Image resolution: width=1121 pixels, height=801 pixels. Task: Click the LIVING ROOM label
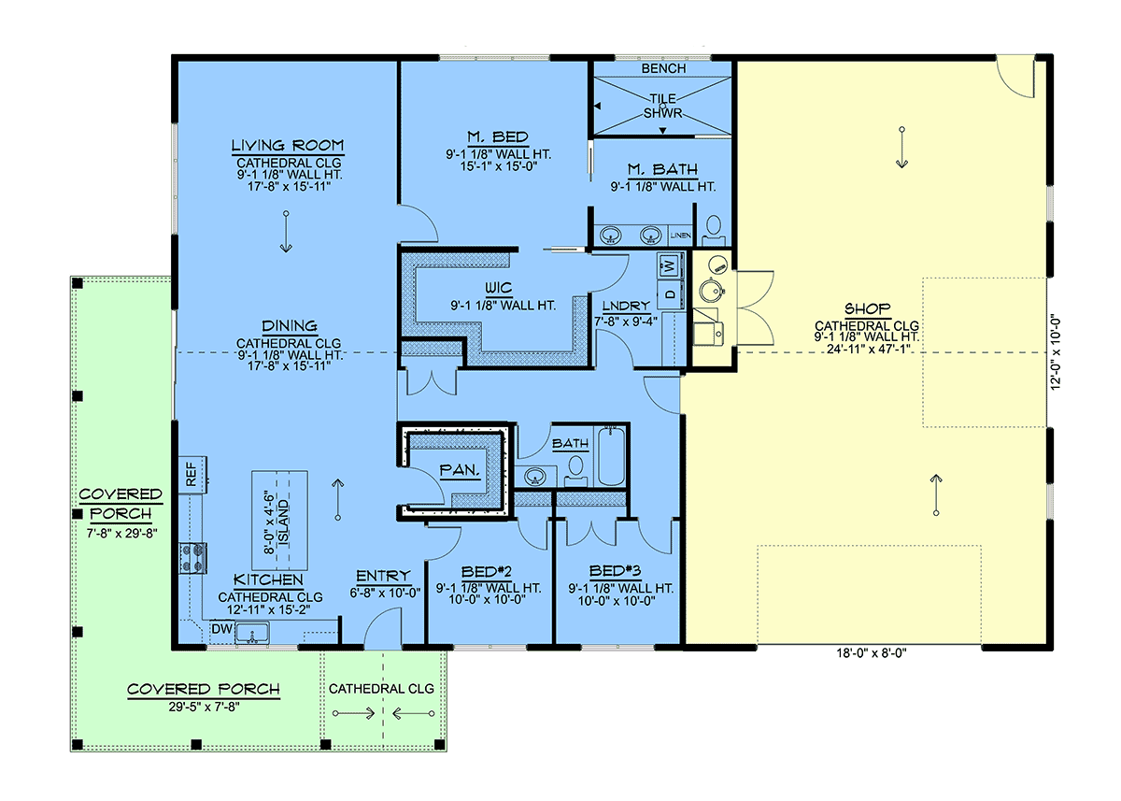point(288,146)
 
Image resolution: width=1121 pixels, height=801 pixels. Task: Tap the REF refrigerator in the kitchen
point(192,474)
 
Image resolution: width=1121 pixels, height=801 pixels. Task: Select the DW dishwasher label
point(221,629)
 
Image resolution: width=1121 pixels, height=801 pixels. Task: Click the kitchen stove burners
point(193,558)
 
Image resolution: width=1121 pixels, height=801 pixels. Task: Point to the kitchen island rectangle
point(279,521)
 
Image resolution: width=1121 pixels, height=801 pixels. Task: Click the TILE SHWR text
point(662,107)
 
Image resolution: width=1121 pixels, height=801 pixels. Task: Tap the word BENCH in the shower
point(663,68)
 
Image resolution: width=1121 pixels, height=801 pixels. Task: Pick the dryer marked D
point(671,292)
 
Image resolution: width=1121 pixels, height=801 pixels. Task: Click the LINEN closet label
point(681,236)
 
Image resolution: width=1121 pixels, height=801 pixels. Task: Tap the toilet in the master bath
point(714,231)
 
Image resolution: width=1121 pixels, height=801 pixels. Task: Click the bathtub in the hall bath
point(612,455)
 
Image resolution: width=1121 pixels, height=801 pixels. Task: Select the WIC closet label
point(499,288)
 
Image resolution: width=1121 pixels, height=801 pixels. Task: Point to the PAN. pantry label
point(460,470)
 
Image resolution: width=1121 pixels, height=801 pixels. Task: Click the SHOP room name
point(868,308)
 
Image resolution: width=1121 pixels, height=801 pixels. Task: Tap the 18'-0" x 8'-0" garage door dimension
point(872,653)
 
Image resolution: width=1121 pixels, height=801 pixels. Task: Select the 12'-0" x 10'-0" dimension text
point(1055,352)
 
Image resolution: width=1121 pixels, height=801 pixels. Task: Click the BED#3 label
point(615,571)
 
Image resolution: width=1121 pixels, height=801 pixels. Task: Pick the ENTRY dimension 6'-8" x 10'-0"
point(385,594)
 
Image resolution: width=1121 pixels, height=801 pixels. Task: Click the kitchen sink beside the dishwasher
point(252,634)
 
